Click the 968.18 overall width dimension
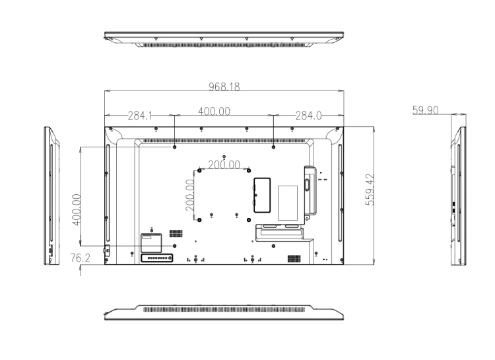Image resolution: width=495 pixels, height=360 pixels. point(224,87)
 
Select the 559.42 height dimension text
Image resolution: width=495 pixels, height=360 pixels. point(370,190)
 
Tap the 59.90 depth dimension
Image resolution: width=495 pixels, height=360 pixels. point(425,110)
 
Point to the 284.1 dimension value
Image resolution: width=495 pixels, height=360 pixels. point(140,116)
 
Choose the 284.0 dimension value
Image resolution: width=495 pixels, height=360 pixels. point(308,116)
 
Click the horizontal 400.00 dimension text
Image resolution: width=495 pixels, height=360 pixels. point(214,111)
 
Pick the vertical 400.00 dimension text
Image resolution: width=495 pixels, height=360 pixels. point(77,209)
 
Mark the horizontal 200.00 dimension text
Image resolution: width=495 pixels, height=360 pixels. point(224,164)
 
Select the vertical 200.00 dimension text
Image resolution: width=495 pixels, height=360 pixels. point(189,195)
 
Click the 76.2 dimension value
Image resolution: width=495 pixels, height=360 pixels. point(80,258)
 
